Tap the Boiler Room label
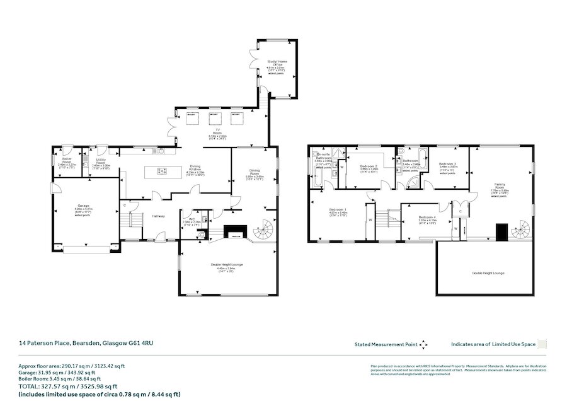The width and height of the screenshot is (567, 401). tap(66, 163)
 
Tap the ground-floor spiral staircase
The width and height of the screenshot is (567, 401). tap(263, 231)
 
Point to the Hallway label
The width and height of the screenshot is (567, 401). tap(157, 216)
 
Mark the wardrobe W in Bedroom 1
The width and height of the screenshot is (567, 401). tap(370, 220)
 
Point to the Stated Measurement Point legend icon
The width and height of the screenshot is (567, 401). tap(423, 344)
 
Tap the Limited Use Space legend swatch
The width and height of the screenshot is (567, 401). tap(542, 344)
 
